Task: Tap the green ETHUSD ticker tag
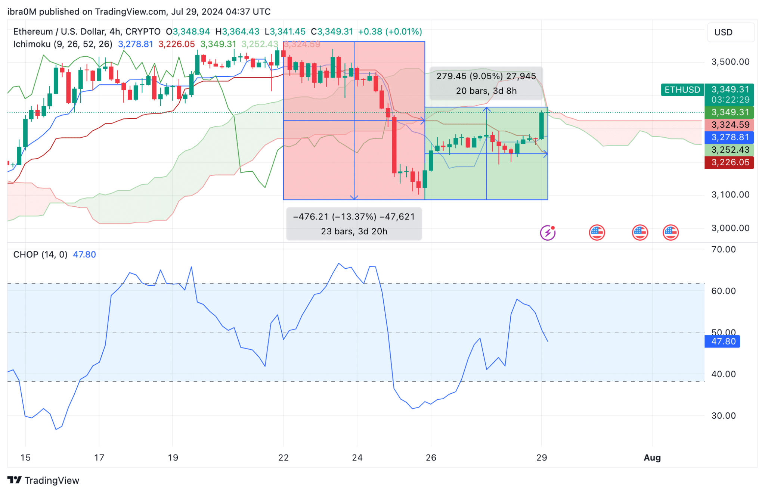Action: click(682, 90)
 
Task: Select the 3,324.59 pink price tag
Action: click(729, 125)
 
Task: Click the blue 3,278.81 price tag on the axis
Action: click(729, 137)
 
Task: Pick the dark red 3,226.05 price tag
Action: click(729, 162)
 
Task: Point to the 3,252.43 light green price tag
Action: click(729, 150)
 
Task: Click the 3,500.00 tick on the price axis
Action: click(730, 62)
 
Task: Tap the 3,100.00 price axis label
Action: click(730, 194)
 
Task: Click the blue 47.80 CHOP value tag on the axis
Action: click(722, 341)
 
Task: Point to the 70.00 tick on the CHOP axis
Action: click(723, 249)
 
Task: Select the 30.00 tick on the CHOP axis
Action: click(723, 415)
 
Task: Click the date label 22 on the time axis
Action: click(283, 458)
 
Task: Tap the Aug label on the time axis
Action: click(652, 458)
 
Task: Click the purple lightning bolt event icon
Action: click(548, 233)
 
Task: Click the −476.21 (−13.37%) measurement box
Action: click(354, 224)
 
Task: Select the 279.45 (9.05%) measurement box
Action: click(486, 83)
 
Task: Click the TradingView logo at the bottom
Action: click(43, 480)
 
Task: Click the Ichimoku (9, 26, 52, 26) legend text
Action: click(63, 44)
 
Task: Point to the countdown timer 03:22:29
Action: click(730, 100)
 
